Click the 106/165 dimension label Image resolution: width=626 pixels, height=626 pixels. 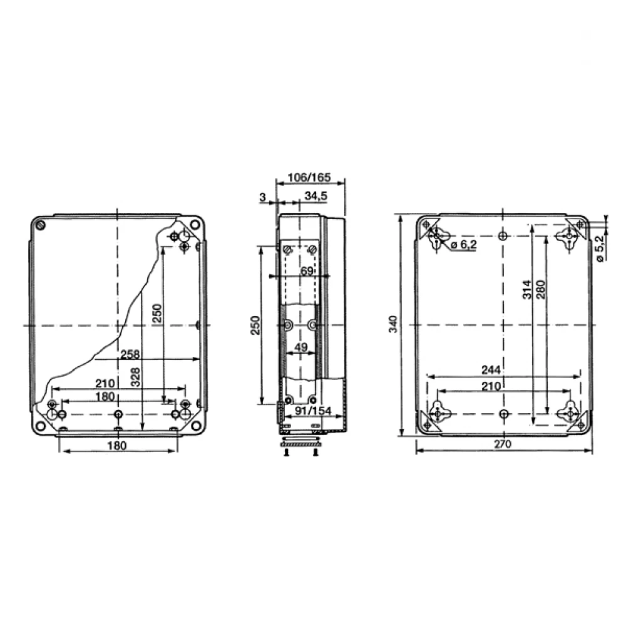click(309, 177)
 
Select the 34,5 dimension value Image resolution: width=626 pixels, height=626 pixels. click(316, 196)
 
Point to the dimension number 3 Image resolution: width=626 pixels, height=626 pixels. click(262, 197)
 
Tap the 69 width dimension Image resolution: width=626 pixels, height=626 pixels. click(307, 271)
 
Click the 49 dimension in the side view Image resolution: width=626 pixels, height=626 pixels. click(300, 347)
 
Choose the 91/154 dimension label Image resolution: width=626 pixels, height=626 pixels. click(313, 411)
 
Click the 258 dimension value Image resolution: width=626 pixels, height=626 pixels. click(130, 354)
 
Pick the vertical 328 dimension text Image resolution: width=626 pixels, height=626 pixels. click(136, 377)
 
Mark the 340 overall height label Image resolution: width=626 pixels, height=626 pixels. click(393, 324)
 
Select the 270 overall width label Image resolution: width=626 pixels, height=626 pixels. click(502, 444)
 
